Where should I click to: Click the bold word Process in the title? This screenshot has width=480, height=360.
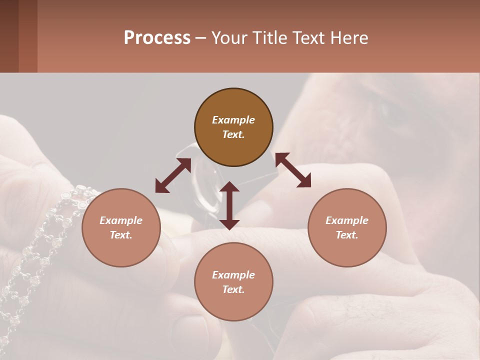coord(157,38)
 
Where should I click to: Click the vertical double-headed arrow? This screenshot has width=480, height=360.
coord(229,205)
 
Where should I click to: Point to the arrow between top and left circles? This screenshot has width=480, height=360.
coord(173,175)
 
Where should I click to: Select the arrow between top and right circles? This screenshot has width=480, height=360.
coord(293,170)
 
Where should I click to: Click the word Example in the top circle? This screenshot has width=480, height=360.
coord(233,120)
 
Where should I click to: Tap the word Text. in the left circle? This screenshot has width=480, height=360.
coord(121,235)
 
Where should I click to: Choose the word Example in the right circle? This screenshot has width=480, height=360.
coord(347,220)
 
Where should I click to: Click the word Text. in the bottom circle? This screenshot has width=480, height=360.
coord(233,289)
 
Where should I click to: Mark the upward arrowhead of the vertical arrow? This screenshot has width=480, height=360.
coord(229,187)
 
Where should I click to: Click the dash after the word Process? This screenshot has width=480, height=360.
coord(201,38)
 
